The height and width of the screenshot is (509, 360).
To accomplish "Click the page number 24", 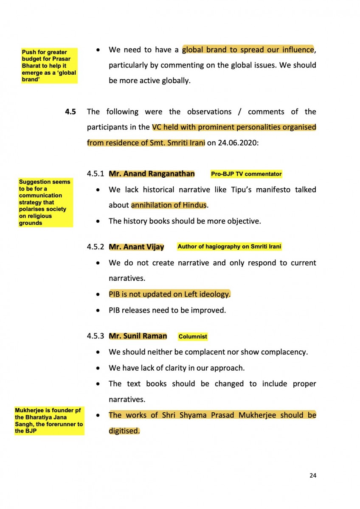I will tap(312, 475).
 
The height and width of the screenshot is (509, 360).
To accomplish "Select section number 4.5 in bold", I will tap(70, 112).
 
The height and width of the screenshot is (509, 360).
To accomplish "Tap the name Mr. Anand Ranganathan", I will tap(152, 173).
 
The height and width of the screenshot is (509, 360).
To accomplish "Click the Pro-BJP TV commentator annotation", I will tap(246, 174).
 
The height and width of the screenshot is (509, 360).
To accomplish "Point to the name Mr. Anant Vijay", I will tap(136, 247).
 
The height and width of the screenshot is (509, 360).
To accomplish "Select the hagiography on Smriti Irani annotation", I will tap(229, 246).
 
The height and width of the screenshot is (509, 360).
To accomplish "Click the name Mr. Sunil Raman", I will tap(138, 336).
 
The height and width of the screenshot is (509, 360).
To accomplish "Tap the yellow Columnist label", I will tap(193, 337).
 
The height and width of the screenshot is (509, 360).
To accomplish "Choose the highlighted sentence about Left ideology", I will tap(169, 294).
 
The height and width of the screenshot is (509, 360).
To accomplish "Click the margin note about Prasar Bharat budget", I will tap(49, 66).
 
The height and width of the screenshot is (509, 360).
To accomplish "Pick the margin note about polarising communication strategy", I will tap(45, 202).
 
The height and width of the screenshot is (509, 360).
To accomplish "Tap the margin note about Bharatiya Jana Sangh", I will tap(49, 421).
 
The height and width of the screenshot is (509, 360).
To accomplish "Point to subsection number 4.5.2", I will tap(96, 247).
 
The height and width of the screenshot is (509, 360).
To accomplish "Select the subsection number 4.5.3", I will tap(96, 336).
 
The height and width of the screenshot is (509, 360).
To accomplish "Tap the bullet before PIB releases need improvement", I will tap(98, 310).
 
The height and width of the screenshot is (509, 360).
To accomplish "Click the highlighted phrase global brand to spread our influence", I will tap(248, 50).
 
